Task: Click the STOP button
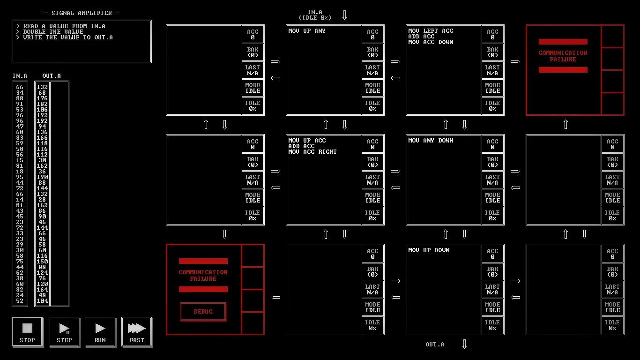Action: [27, 332]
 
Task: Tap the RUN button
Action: [100, 332]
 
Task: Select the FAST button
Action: [137, 332]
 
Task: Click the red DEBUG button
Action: [203, 312]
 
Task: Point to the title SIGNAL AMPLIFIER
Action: [82, 13]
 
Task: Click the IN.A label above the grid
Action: [315, 12]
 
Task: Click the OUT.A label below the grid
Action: [435, 345]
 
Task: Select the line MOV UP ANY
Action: [307, 31]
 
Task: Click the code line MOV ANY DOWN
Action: [431, 141]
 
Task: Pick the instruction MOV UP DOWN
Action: [429, 250]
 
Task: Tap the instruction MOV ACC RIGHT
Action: [313, 152]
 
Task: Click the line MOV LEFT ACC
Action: [431, 31]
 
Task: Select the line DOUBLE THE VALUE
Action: [53, 32]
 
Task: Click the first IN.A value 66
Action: [20, 87]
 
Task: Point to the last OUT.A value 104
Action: [42, 301]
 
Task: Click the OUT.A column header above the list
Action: [52, 76]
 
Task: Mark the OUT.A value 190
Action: [42, 177]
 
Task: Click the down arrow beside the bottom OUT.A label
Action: [464, 345]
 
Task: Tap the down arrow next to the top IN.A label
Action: [344, 15]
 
